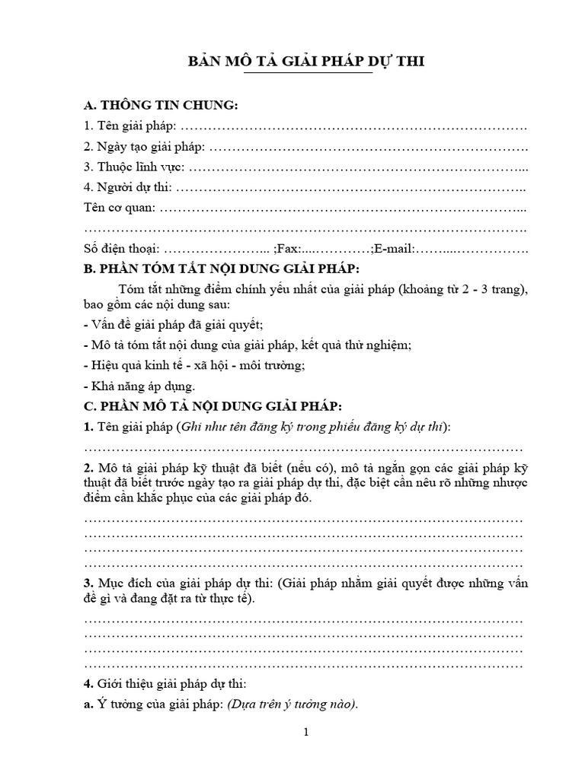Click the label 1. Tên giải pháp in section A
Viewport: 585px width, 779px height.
coord(130,125)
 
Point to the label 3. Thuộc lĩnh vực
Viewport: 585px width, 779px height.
coord(134,166)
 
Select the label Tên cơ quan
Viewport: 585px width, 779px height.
coord(120,207)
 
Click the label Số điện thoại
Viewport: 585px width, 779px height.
coord(121,248)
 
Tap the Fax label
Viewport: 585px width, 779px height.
coord(287,248)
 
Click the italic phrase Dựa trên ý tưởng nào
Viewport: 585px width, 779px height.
coord(292,704)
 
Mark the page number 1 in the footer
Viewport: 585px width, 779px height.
coord(305,733)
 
